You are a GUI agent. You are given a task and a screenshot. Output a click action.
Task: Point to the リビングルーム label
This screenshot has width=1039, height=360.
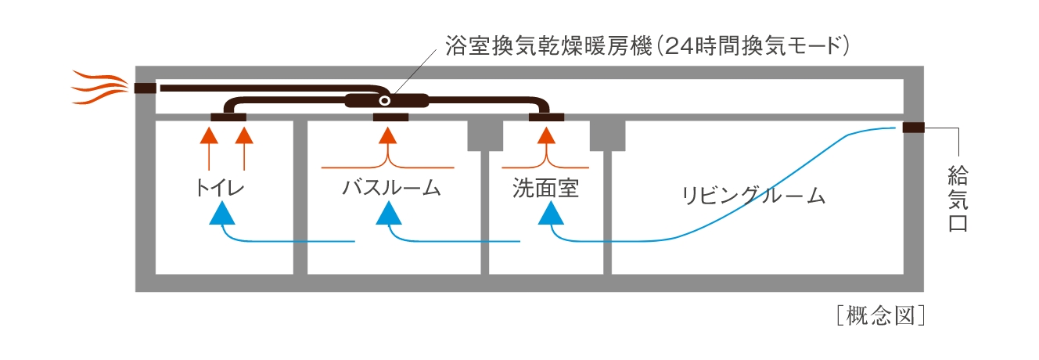(753, 195)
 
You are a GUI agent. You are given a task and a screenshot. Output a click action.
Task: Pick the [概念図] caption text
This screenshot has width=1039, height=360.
(880, 316)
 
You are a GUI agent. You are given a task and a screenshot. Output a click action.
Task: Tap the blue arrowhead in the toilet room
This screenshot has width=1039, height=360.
(222, 212)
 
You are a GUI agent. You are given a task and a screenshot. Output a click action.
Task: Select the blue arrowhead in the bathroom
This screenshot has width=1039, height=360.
(389, 212)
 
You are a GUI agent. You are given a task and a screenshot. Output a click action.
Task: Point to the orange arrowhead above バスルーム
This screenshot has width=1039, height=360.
(389, 136)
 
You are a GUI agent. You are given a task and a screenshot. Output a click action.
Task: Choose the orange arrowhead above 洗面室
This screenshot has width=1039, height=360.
(546, 136)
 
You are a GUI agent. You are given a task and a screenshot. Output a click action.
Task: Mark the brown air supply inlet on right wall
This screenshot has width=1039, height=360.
(913, 128)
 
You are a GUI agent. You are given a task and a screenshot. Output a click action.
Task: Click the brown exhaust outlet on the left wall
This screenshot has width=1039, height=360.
(145, 88)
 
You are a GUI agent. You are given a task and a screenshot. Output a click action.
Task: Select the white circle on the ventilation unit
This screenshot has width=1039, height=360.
(384, 101)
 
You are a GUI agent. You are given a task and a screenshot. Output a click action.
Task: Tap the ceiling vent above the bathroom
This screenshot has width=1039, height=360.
(390, 118)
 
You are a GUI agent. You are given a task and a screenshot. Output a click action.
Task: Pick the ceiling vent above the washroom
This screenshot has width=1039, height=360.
(546, 118)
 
